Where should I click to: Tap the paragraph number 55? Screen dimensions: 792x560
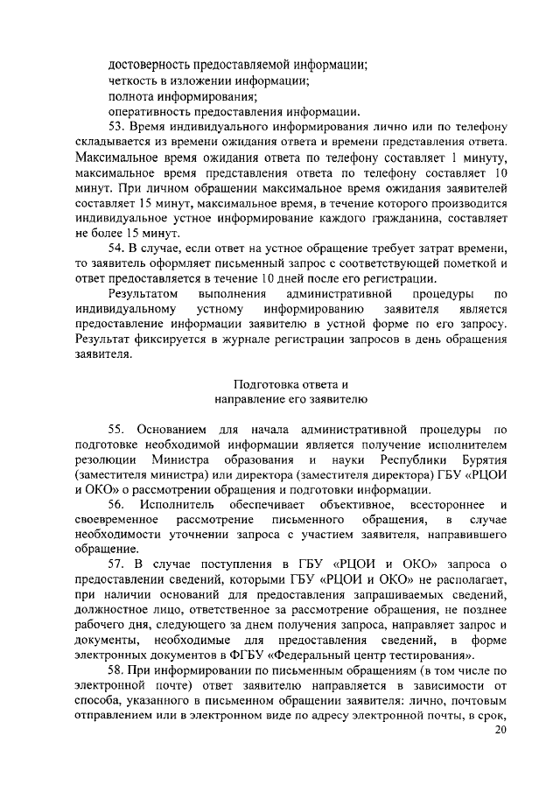(x=118, y=429)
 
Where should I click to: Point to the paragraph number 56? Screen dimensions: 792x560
(x=118, y=505)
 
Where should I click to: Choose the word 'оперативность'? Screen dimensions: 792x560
(x=150, y=111)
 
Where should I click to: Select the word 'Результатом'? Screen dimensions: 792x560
(x=143, y=293)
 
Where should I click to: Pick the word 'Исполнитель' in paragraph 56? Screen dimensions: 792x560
(x=186, y=505)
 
